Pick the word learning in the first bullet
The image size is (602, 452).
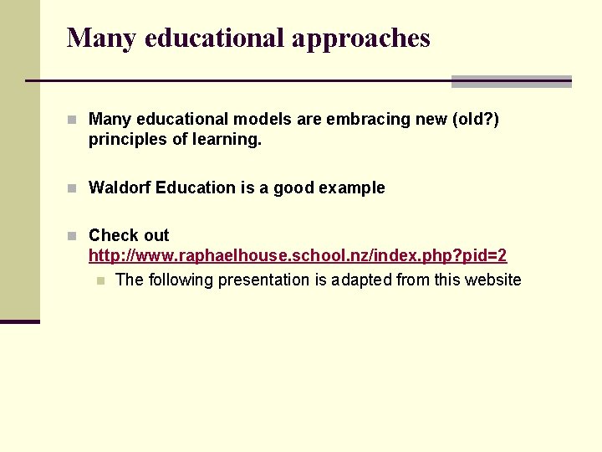[227, 140]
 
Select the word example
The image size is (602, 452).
[351, 187]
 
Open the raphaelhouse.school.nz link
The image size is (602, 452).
[298, 255]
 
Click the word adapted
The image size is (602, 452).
[360, 280]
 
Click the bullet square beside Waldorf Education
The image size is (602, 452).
[74, 188]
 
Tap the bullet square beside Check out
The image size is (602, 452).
[74, 236]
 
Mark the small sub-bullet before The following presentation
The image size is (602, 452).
[100, 280]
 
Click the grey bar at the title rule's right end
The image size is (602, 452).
[511, 81]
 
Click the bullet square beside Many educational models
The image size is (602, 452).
[74, 121]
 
